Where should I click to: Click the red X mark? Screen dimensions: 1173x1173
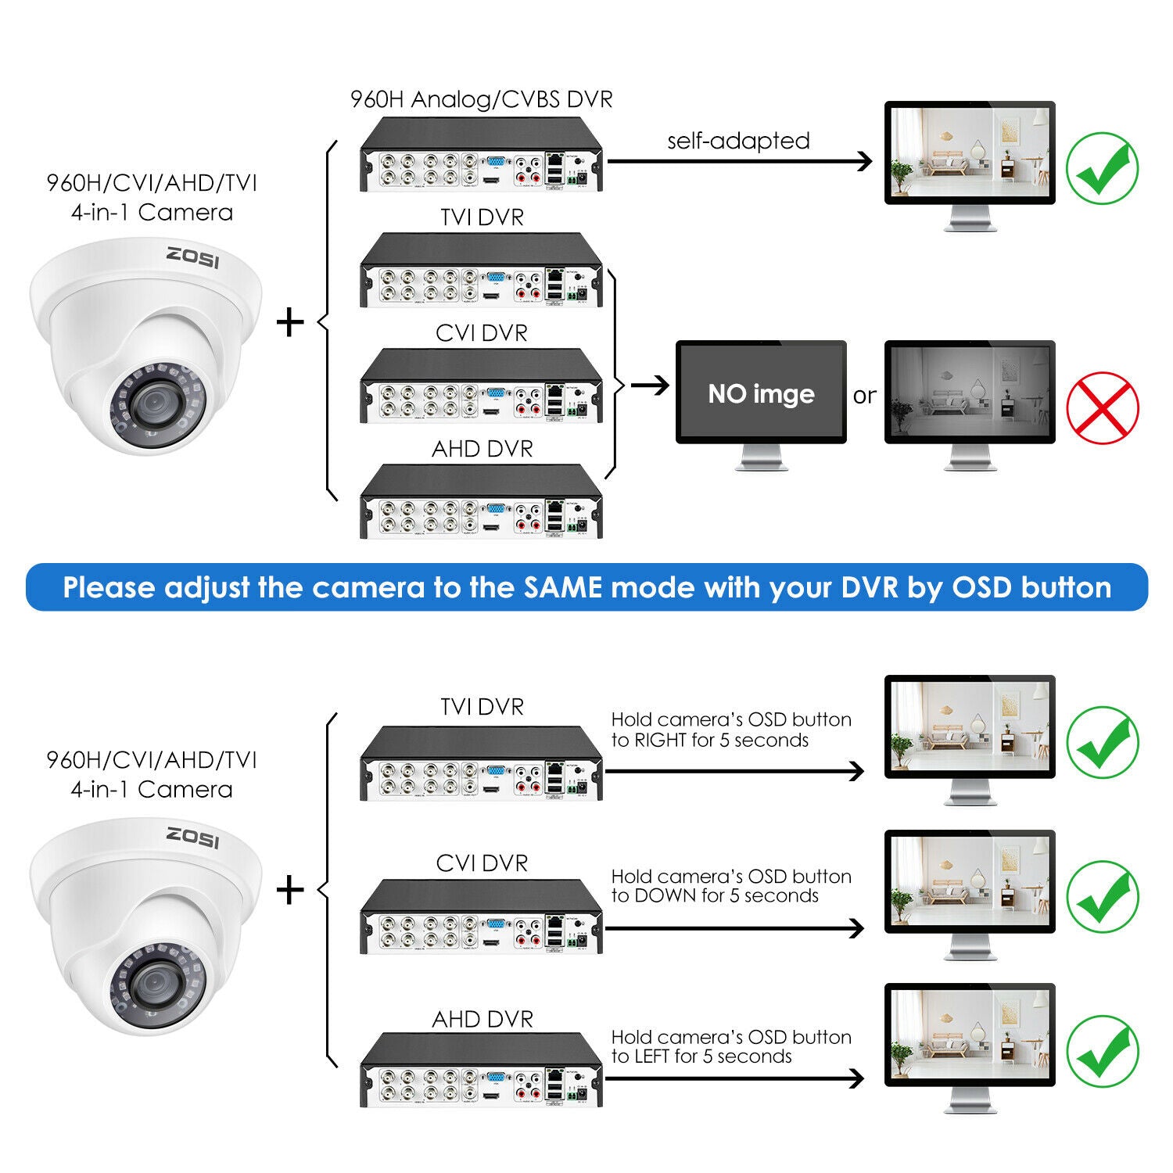[x=1103, y=407]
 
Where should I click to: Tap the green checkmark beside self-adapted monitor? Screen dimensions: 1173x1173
[x=1103, y=168]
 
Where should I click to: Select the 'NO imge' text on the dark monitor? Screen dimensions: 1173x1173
[x=761, y=393]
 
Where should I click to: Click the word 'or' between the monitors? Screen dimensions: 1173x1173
[x=864, y=396]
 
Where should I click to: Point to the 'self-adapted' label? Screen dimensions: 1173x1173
[x=738, y=141]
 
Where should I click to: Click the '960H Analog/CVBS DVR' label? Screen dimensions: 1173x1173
[x=481, y=99]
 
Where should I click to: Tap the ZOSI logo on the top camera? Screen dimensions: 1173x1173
[x=192, y=257]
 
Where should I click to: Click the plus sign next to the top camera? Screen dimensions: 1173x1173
[x=290, y=322]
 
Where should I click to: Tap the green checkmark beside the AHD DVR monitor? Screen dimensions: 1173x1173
[x=1103, y=1051]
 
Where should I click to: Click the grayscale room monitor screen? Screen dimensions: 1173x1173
[x=970, y=391]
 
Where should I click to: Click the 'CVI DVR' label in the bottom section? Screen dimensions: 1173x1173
[x=482, y=863]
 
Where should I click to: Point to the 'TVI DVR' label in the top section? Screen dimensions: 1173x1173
[x=482, y=217]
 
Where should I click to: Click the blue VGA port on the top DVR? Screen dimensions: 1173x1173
[x=496, y=163]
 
